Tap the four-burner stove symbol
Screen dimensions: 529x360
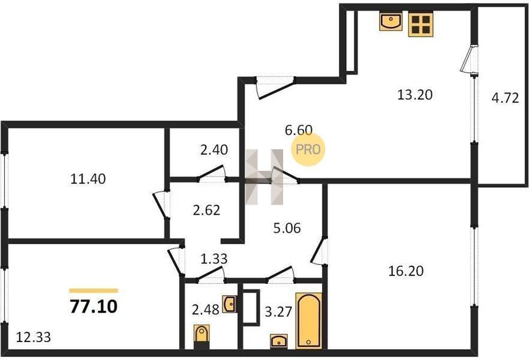[420, 24]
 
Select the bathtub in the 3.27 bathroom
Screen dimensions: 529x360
[309, 320]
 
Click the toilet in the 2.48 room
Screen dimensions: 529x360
[202, 337]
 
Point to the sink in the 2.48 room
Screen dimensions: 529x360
[229, 304]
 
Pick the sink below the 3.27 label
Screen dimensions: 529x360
[279, 341]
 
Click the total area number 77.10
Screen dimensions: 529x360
[94, 307]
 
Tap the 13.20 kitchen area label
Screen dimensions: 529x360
[415, 95]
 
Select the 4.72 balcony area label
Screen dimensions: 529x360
[505, 98]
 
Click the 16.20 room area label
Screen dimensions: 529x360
[406, 271]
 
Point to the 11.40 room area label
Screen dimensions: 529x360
[88, 178]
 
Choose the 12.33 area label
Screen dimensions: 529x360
[34, 337]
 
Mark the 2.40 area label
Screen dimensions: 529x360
[214, 149]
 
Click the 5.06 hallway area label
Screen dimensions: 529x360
[287, 228]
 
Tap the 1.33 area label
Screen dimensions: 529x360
[214, 259]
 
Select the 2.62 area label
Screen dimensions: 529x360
[206, 210]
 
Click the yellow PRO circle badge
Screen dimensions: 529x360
[308, 149]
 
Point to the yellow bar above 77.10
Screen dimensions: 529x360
[94, 290]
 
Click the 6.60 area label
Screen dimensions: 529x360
[299, 130]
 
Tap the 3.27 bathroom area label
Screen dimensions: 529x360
[278, 311]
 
